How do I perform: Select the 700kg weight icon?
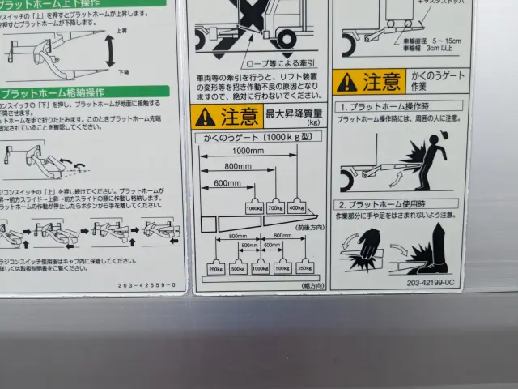coord(276,207)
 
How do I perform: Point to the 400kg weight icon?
coord(296,207)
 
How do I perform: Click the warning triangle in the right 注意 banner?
coord(347,82)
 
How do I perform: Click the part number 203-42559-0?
coord(146,285)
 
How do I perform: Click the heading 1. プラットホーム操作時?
coord(380,107)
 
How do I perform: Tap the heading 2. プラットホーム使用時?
coord(380,205)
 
